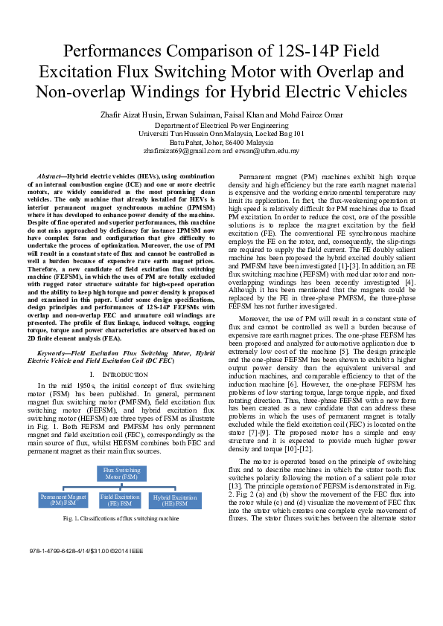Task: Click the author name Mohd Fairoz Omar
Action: click(x=313, y=115)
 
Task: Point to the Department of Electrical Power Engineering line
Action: click(x=221, y=126)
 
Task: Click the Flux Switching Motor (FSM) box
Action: click(x=121, y=474)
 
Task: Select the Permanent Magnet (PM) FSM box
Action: click(x=64, y=499)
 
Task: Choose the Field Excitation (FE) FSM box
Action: click(x=121, y=499)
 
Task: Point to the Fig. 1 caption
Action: click(x=121, y=517)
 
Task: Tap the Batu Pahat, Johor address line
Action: click(x=221, y=142)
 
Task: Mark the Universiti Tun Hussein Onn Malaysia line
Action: click(x=221, y=134)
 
